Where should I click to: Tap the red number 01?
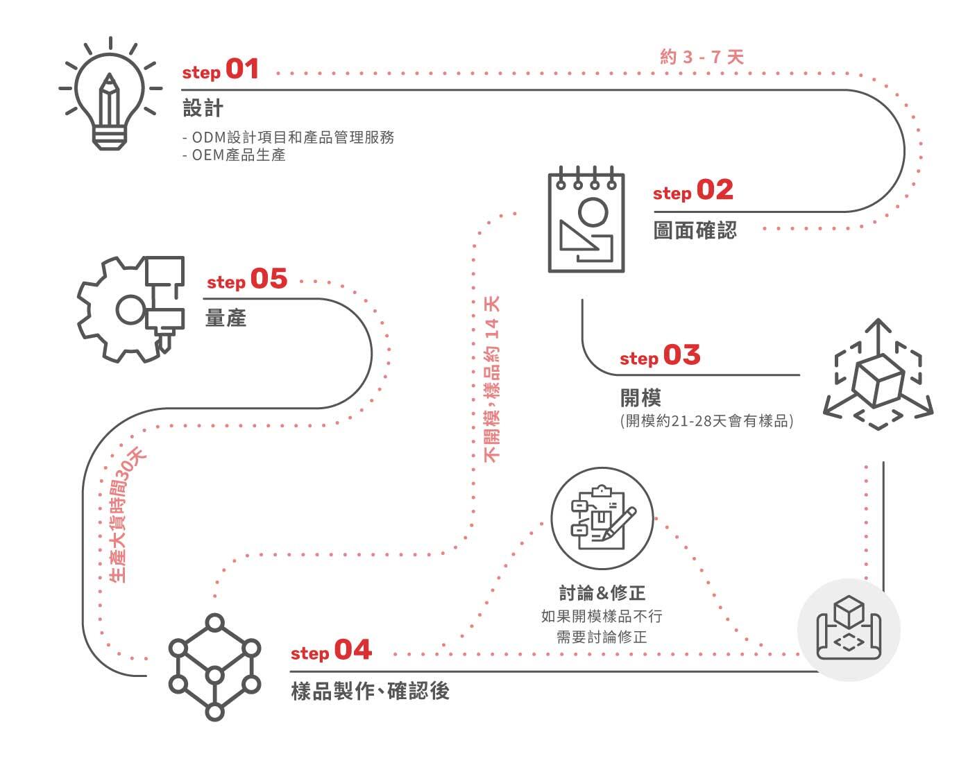pos(242,69)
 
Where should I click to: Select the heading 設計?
pos(203,108)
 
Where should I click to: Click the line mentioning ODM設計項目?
pos(289,137)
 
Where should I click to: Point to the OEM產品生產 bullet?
pos(235,155)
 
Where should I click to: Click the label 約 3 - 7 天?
pos(702,57)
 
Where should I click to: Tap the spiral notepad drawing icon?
pos(586,221)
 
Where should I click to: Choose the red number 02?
pos(715,190)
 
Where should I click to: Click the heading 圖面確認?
pos(695,230)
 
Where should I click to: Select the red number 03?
pos(682,355)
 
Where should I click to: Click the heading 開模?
pos(640,398)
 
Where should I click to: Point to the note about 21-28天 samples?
pos(706,421)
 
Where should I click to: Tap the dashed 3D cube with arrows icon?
pos(878,375)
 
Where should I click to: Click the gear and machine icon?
pos(132,308)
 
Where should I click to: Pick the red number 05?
pos(269,280)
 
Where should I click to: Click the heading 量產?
pos(226,318)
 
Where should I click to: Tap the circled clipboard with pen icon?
pos(602,518)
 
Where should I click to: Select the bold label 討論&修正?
pos(602,593)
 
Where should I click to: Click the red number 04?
pos(352,651)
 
